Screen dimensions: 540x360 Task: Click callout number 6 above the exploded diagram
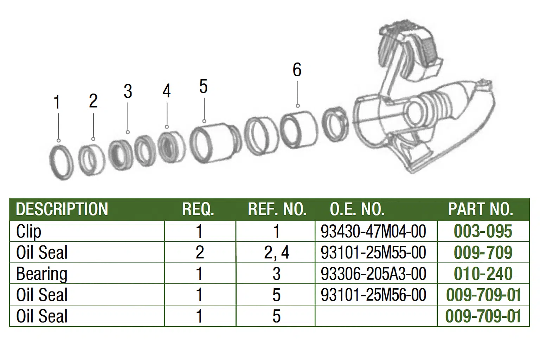click(x=297, y=70)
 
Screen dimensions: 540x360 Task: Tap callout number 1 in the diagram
click(x=57, y=102)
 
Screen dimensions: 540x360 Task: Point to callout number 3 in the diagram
click(x=128, y=91)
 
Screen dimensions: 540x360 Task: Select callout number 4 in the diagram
click(x=167, y=91)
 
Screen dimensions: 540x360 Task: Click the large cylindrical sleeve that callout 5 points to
click(x=215, y=142)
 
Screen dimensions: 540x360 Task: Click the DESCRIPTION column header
click(x=62, y=209)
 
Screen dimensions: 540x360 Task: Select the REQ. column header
click(x=198, y=209)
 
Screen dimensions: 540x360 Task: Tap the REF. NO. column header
click(x=277, y=209)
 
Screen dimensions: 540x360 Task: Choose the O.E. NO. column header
click(x=357, y=209)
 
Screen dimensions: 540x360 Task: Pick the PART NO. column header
click(x=481, y=209)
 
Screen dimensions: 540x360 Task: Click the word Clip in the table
click(x=29, y=232)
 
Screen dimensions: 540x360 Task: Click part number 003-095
click(x=483, y=231)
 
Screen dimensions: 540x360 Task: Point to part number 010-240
click(x=483, y=274)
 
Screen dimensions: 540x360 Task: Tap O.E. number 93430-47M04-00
click(x=373, y=231)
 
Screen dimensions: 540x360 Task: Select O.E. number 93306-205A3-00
click(x=373, y=274)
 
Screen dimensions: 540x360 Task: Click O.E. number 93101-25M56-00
click(x=373, y=295)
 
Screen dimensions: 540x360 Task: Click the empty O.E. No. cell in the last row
click(x=376, y=316)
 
